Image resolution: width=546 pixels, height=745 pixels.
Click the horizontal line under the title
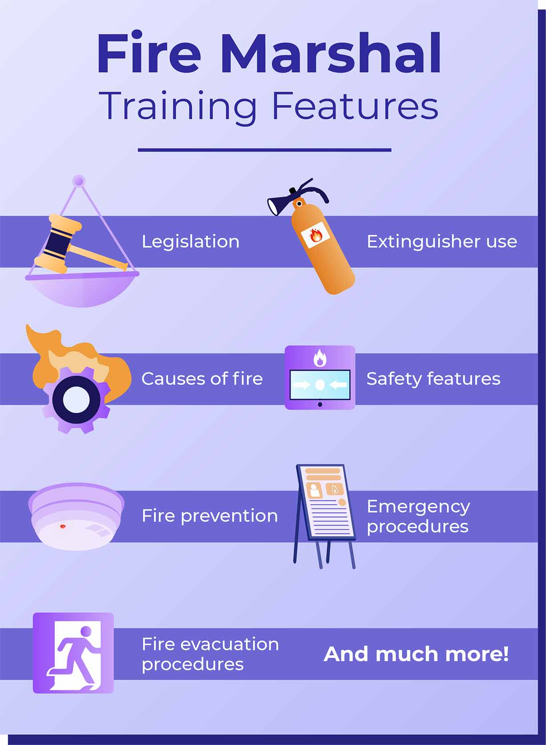pos(264,150)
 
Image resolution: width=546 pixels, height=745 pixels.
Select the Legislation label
pos(190,242)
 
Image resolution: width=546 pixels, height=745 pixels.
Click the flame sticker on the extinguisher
pos(315,235)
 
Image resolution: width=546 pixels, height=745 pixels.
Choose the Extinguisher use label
pos(441,242)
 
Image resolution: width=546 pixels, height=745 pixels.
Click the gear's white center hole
pos(77,400)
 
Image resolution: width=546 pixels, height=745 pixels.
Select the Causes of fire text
pos(202,379)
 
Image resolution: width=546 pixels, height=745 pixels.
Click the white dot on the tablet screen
pos(320,385)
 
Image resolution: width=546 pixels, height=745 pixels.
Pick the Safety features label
pos(433,379)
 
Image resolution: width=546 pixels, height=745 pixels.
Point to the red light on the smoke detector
pos(62,526)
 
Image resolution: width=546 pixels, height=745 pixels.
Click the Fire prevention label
pos(210,516)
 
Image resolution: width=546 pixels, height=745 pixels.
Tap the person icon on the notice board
pos(314,490)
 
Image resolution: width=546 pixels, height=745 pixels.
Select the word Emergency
pos(418,507)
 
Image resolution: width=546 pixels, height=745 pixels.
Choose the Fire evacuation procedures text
pos(210,655)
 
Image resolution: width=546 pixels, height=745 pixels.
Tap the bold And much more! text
pos(416,654)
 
